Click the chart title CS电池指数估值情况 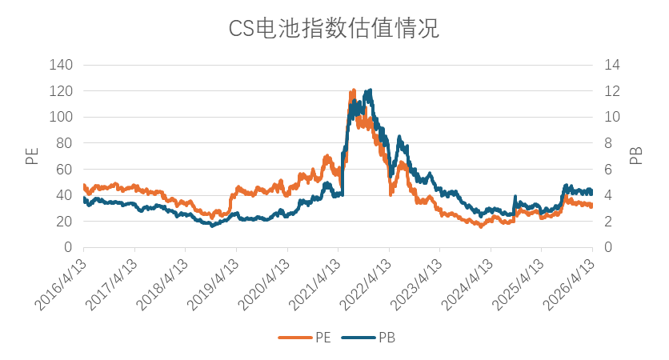pos(334,29)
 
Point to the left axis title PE pos(32,155)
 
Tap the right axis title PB pos(636,155)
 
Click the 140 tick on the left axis pos(62,65)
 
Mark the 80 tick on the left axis pos(65,143)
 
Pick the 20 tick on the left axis pos(65,222)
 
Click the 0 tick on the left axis pos(68,248)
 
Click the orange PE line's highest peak pos(353,91)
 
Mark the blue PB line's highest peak pos(369,90)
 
